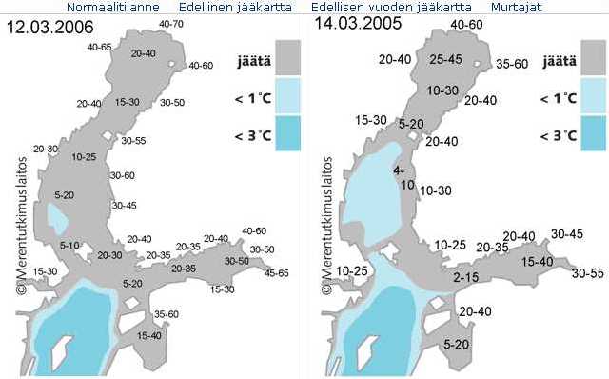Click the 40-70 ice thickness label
point(172,23)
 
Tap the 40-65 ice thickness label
point(99,47)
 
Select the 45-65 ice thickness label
point(277,273)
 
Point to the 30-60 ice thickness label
point(123,175)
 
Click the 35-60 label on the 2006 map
point(167,314)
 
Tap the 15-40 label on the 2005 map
point(538,261)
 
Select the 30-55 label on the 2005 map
point(588,273)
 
